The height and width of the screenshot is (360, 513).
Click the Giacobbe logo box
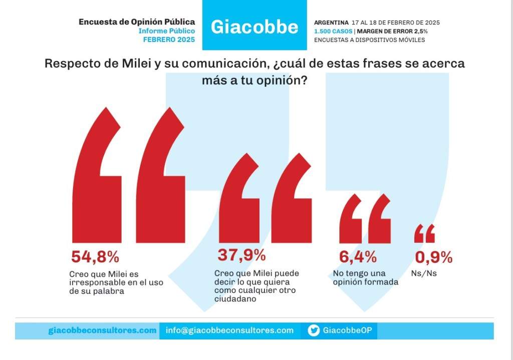point(254,25)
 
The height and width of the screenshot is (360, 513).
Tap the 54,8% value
point(95,257)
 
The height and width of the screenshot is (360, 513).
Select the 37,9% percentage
point(241,255)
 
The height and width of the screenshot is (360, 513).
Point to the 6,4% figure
point(358,257)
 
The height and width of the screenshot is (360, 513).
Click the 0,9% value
point(434,257)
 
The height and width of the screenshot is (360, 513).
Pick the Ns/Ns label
point(424,273)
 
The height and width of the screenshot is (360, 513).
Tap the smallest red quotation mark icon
point(425,233)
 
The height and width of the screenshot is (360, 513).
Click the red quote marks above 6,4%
point(365,219)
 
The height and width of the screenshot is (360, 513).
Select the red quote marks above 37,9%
point(266,198)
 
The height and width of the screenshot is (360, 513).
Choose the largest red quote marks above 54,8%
point(129,175)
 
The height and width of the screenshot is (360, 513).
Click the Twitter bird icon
point(314,330)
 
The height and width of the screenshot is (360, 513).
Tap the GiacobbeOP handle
point(348,330)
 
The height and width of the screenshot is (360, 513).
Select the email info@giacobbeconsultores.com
point(229,330)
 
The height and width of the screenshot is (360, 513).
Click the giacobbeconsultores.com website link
point(102,330)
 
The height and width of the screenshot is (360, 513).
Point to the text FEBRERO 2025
point(169,40)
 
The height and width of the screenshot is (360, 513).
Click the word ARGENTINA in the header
point(331,23)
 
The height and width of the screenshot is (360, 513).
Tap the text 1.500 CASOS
point(333,32)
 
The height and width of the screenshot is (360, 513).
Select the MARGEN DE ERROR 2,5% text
point(392,32)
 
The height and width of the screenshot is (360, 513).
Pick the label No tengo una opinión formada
point(366,277)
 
